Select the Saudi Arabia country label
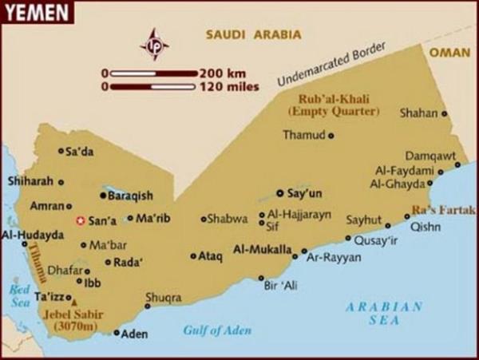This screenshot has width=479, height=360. pyautogui.click(x=253, y=34)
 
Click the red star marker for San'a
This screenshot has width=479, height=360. pyautogui.click(x=79, y=220)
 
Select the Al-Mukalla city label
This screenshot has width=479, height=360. pyautogui.click(x=262, y=250)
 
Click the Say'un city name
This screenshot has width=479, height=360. pyautogui.click(x=303, y=193)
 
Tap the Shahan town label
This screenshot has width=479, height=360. pyautogui.click(x=418, y=113)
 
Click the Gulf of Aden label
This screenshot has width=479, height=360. pyautogui.click(x=217, y=330)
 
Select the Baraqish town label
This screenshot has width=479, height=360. pyautogui.click(x=131, y=195)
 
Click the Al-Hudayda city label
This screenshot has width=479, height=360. pyautogui.click(x=33, y=235)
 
